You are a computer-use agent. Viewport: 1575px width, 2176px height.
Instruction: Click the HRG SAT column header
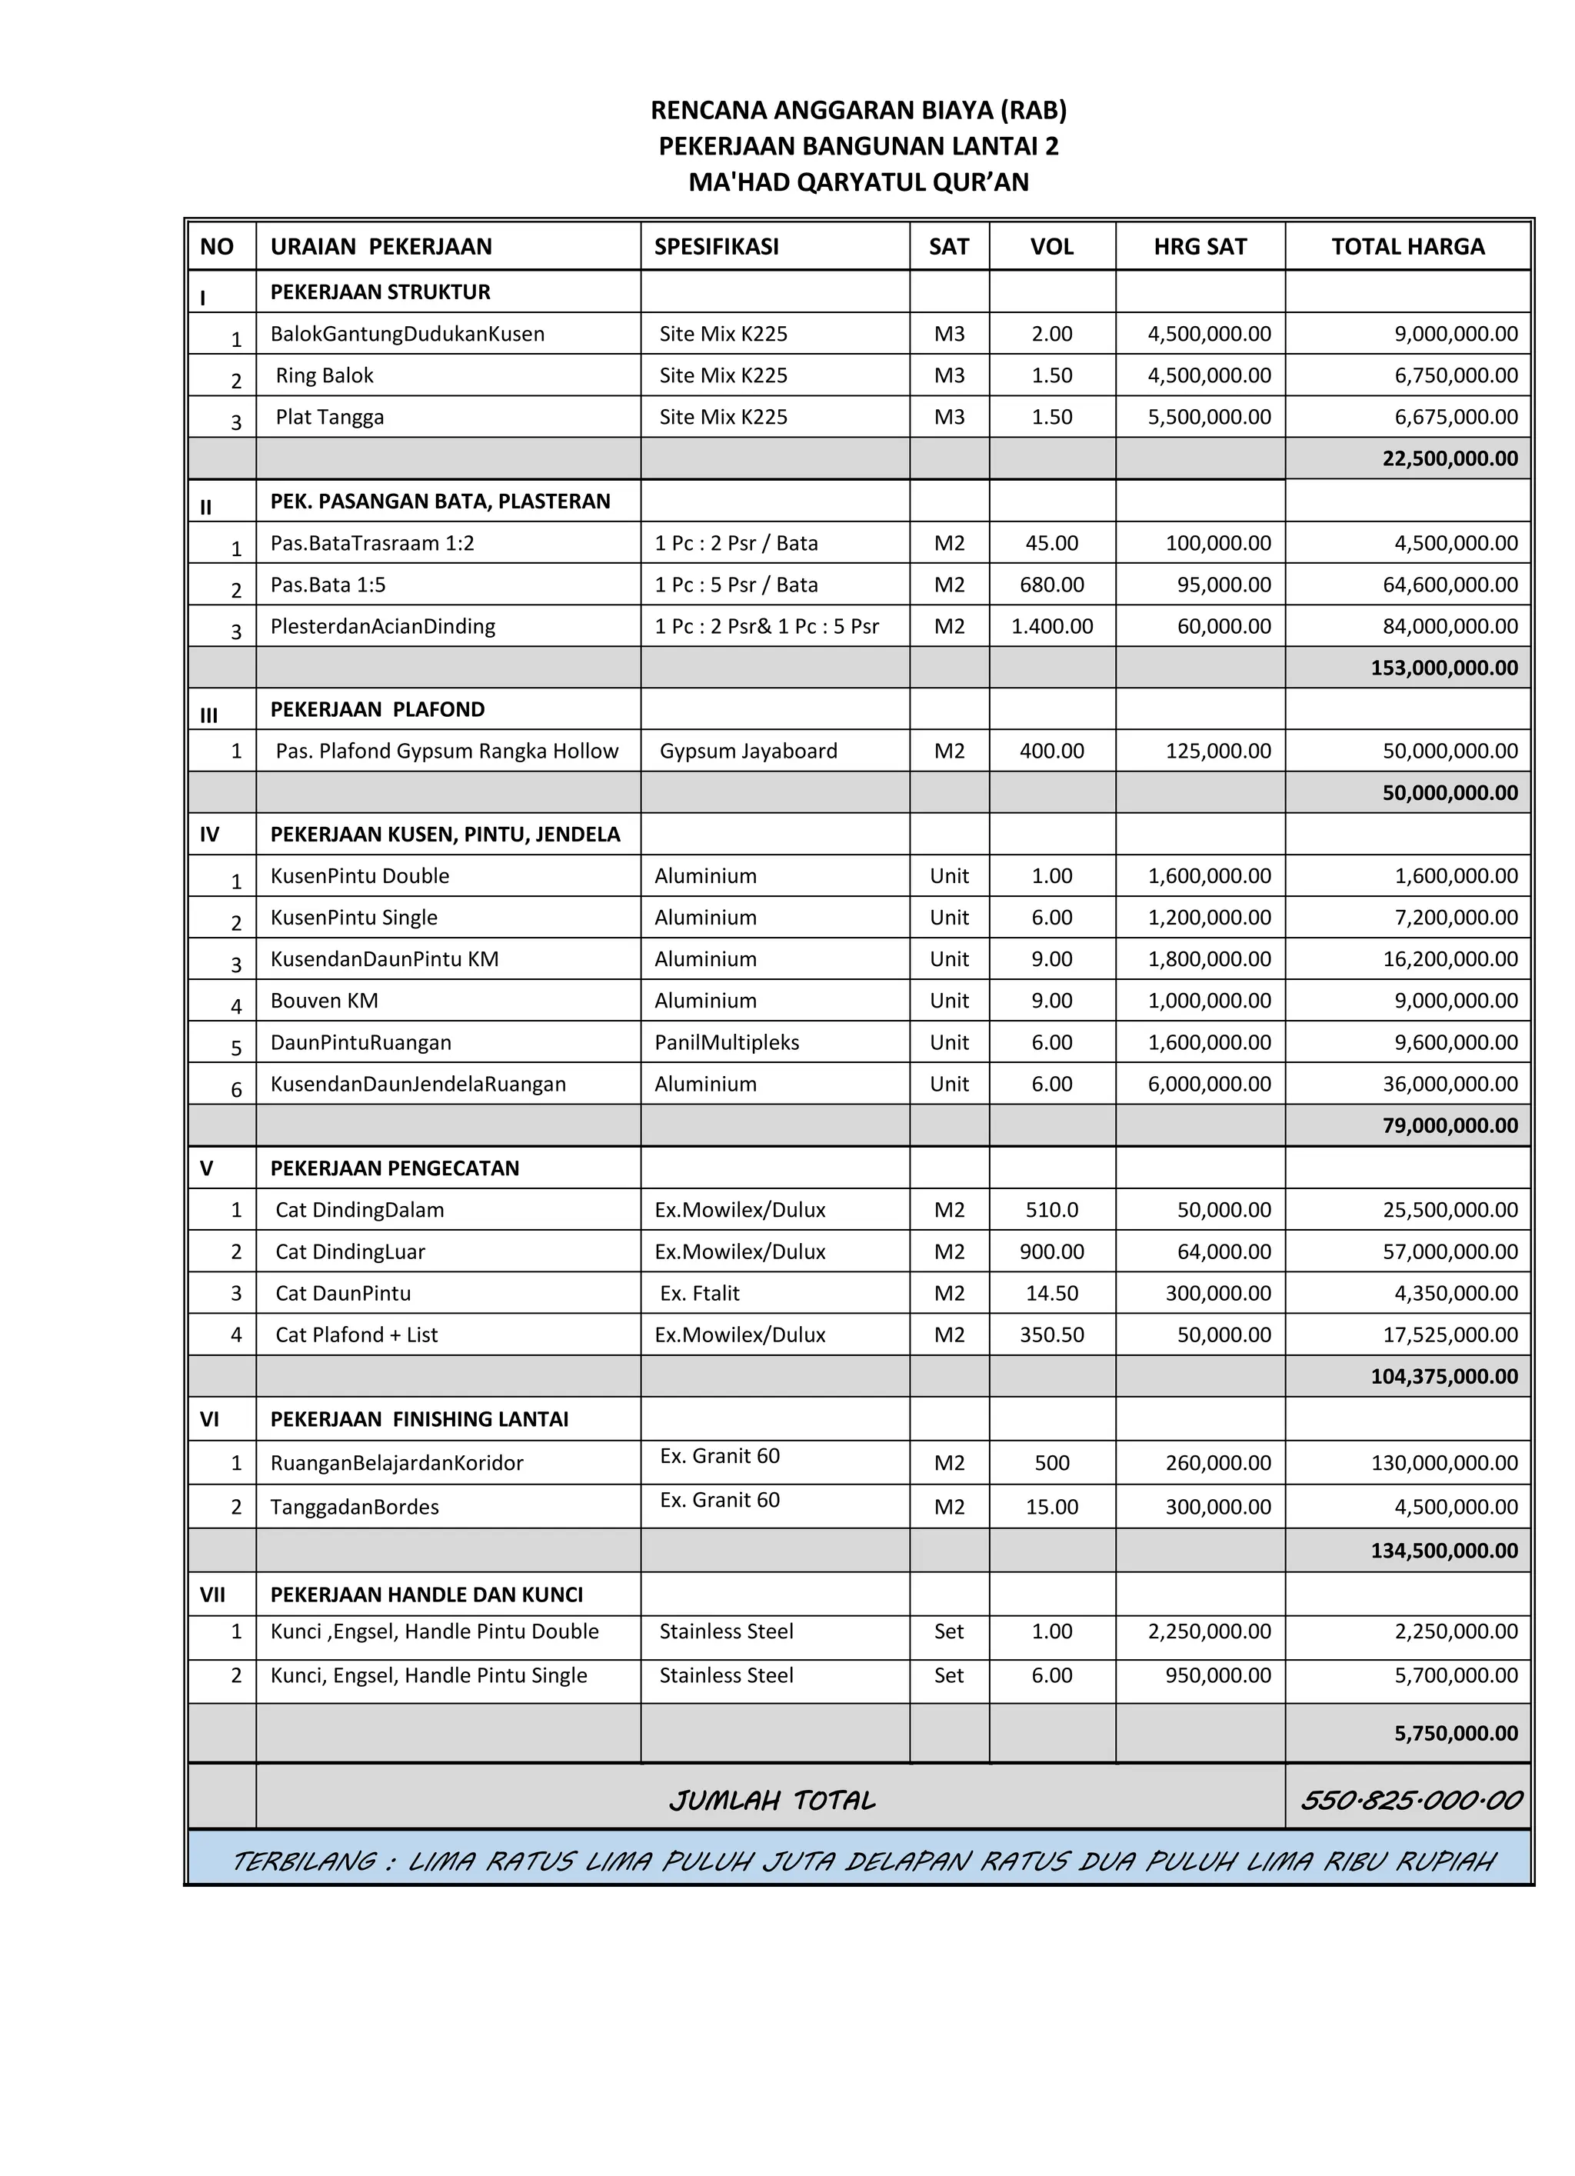[1199, 247]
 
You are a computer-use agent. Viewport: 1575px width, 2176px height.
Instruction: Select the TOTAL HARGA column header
[1407, 247]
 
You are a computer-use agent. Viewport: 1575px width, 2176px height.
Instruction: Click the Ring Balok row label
[325, 375]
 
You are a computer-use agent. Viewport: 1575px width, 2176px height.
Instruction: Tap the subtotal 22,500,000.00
[1450, 458]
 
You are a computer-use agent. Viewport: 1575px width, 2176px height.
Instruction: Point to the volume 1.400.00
[1051, 627]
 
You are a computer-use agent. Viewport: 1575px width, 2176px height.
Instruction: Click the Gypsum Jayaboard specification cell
[748, 751]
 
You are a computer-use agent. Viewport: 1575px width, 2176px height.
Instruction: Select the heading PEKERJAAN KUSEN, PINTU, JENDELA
[445, 834]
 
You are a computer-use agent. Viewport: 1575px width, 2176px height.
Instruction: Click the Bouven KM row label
[325, 1001]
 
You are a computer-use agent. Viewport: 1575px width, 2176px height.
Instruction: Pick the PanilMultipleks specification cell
[726, 1042]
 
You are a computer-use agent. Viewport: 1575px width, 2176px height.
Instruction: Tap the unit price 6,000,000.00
[1209, 1085]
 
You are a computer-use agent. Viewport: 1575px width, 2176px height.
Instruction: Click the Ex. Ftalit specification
[699, 1293]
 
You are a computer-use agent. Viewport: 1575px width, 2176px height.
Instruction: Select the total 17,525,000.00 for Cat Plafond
[1456, 1335]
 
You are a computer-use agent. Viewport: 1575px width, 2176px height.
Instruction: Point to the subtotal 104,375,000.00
[1443, 1377]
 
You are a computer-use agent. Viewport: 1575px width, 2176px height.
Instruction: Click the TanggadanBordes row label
[354, 1508]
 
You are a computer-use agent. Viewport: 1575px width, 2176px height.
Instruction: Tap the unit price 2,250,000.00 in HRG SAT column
[1209, 1632]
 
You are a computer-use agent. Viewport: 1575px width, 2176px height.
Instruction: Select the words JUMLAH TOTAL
[772, 1801]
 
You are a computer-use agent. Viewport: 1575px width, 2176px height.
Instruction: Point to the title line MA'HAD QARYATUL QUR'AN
[858, 182]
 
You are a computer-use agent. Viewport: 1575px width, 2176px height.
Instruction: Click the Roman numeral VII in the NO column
[212, 1595]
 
